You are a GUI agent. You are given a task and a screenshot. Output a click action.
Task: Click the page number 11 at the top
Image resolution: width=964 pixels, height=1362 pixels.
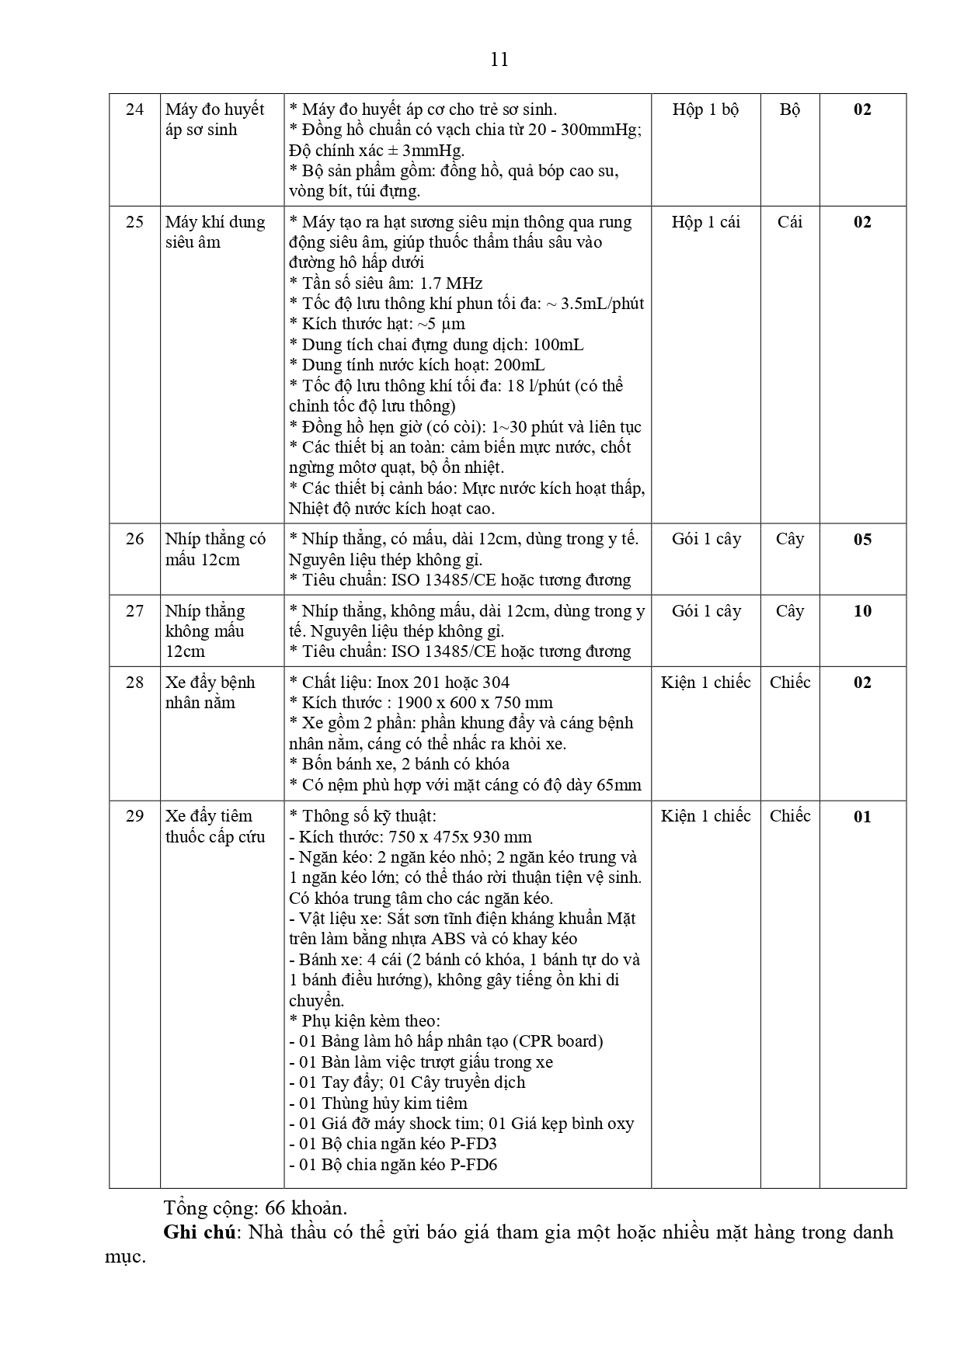(499, 60)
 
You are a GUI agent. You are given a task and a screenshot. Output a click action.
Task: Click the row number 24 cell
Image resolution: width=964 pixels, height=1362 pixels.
(134, 109)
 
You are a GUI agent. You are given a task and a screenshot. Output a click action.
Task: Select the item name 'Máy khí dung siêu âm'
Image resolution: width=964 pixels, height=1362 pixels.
(215, 232)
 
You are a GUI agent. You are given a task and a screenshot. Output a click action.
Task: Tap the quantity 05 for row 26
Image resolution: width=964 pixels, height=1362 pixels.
(862, 540)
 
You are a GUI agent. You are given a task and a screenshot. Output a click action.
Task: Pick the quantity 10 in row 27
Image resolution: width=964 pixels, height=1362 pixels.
(862, 611)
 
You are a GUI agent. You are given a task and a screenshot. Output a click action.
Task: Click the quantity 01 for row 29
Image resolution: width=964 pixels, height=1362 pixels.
(862, 817)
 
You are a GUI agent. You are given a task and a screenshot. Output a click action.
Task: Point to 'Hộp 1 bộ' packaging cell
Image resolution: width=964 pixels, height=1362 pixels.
(705, 109)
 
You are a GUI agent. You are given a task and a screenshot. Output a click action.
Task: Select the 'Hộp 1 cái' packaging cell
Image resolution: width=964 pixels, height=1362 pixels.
(705, 222)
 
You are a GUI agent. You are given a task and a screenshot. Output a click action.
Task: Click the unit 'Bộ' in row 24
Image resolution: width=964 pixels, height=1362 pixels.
(789, 109)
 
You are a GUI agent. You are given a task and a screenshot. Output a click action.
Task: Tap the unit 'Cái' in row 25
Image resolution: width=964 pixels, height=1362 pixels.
(789, 222)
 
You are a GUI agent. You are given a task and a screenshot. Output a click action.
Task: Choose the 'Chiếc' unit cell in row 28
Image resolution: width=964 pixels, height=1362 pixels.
(789, 683)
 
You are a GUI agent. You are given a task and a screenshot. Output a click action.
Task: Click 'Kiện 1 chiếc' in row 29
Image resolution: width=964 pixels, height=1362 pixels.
(705, 816)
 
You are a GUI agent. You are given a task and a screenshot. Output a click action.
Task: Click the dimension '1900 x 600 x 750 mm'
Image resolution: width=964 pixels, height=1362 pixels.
(475, 703)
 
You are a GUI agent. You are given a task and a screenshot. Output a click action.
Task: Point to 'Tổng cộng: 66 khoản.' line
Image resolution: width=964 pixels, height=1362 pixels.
(256, 1208)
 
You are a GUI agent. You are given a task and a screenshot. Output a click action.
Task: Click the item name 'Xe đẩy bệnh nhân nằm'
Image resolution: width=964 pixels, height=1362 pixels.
(211, 693)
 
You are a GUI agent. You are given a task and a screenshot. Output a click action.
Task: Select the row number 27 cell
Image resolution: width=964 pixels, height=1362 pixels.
(134, 611)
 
